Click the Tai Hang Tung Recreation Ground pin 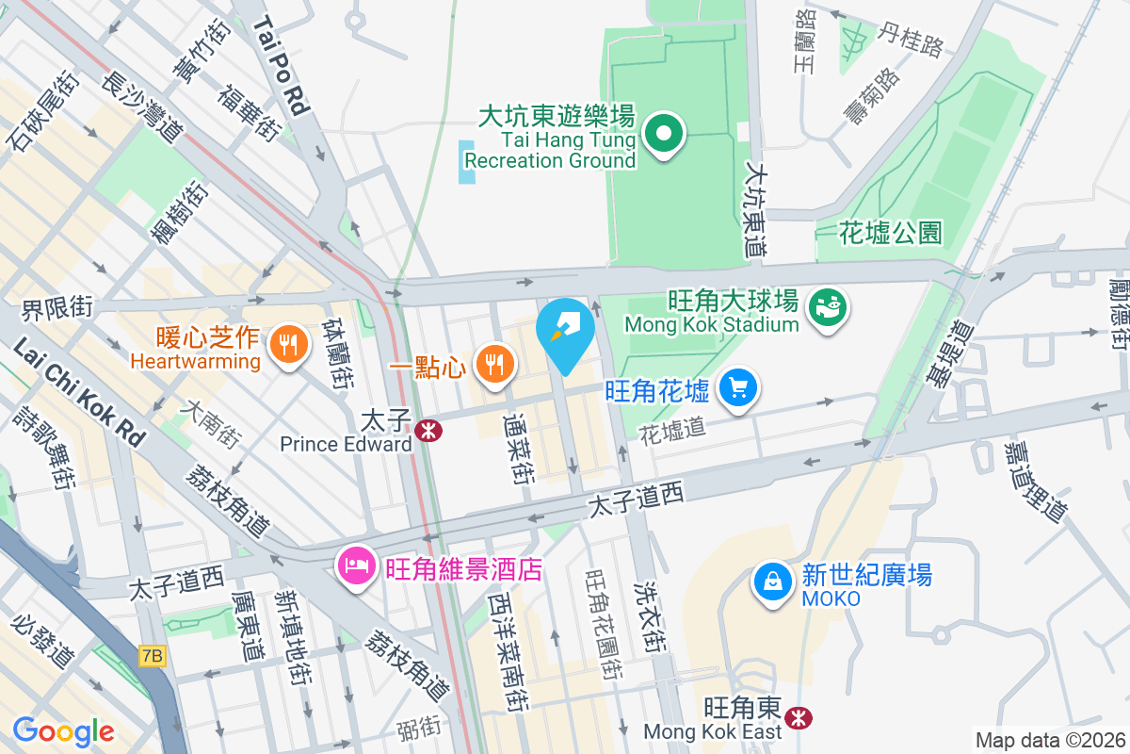tap(665, 136)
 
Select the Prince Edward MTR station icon tap(429, 431)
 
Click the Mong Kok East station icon tap(799, 718)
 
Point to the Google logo tap(63, 730)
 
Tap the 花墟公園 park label tap(890, 233)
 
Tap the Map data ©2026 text tap(1050, 741)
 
